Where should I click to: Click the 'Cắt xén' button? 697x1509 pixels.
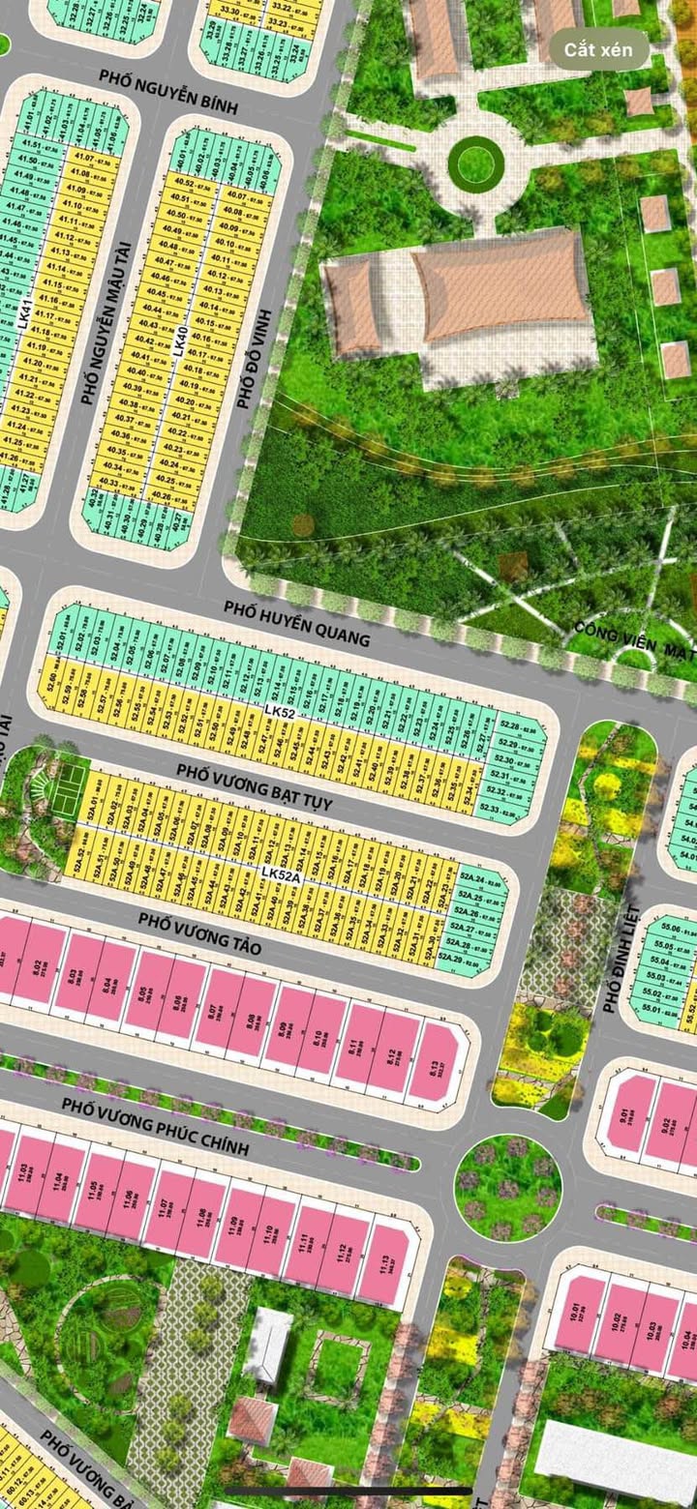coord(599,47)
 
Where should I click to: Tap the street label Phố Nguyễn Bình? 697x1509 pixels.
coord(169,90)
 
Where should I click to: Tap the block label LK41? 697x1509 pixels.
coord(25,316)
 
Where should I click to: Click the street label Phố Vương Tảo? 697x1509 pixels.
coord(199,932)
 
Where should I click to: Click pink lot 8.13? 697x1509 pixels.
coord(433,1062)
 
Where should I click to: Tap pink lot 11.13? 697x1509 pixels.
coord(382,1262)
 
